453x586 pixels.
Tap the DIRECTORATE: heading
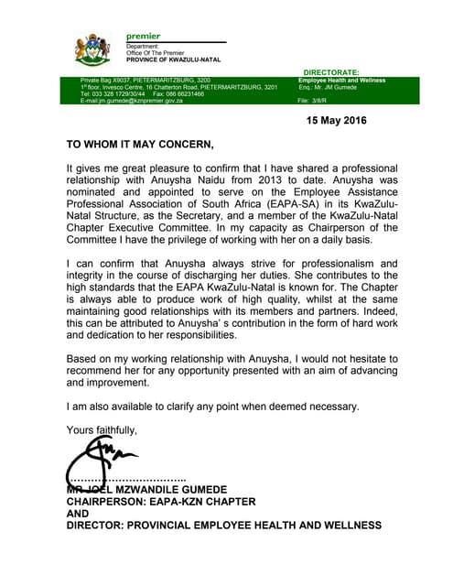(x=331, y=71)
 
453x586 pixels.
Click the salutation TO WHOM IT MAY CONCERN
(x=140, y=144)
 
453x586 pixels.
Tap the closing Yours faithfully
(x=102, y=429)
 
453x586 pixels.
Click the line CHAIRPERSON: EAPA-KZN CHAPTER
(x=161, y=502)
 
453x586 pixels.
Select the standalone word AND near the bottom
(x=79, y=514)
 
